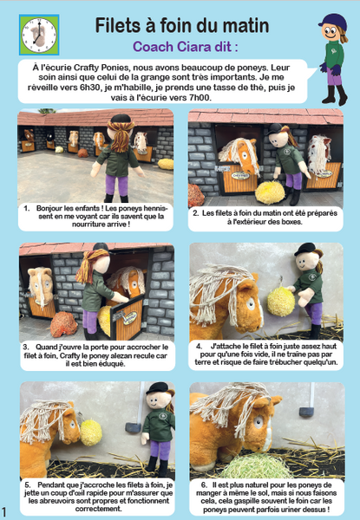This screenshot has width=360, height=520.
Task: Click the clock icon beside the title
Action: click(39, 35)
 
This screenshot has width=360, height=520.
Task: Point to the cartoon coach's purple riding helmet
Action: click(333, 21)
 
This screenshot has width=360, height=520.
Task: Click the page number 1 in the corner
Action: click(4, 511)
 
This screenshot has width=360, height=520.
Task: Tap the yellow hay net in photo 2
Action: click(270, 192)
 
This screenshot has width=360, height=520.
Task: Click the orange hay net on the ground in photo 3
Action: click(63, 323)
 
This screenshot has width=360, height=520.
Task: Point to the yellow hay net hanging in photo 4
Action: click(281, 301)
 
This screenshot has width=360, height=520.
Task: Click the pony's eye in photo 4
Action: click(251, 304)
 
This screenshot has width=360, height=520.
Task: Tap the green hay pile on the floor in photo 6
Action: click(256, 466)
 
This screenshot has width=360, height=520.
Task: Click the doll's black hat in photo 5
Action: click(158, 387)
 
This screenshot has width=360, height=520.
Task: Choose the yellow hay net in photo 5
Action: click(90, 432)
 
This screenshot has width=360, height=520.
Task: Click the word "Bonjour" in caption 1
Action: click(49, 209)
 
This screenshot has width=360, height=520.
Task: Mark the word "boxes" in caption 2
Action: click(291, 222)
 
